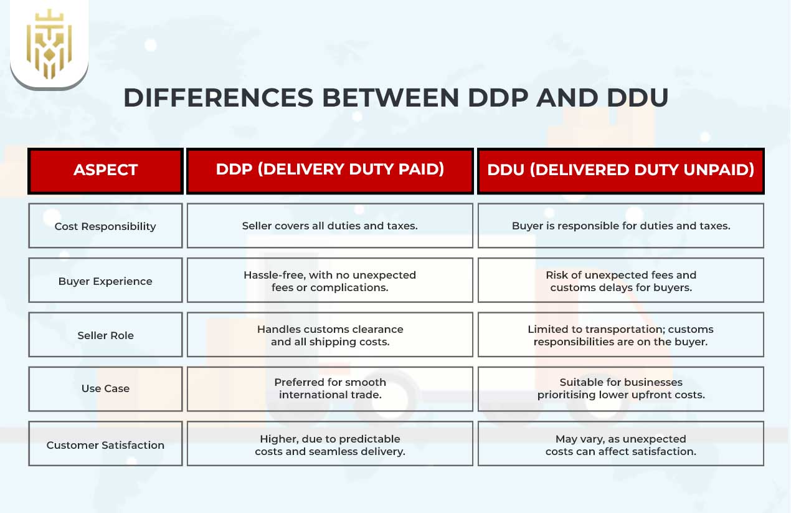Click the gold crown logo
tap(49, 44)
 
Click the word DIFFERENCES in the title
tap(218, 98)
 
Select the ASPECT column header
tap(105, 170)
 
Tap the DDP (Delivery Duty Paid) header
tap(330, 170)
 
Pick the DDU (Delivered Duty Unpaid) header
tap(620, 170)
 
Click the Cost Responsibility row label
tap(105, 226)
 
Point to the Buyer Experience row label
tap(105, 281)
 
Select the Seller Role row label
tap(105, 335)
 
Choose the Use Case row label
tap(105, 388)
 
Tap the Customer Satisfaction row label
tap(105, 445)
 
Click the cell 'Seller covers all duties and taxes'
tap(330, 226)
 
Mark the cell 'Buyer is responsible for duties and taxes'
tap(620, 226)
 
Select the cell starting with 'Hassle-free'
tap(330, 281)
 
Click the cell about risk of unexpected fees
tap(620, 281)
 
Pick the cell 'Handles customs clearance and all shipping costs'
tap(330, 335)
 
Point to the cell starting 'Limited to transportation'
tap(620, 335)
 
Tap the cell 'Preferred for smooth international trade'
tap(330, 388)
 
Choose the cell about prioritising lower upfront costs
tap(620, 388)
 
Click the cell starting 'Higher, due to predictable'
tap(330, 445)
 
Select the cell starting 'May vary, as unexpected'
tap(620, 445)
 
